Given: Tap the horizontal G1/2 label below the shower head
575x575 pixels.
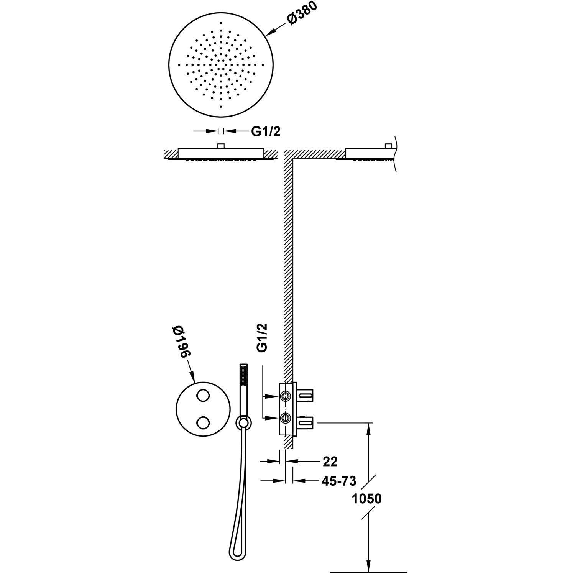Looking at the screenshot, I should pyautogui.click(x=266, y=131).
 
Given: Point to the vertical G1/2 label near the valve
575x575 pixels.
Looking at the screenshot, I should pyautogui.click(x=262, y=338).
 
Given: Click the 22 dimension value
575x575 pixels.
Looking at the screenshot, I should pyautogui.click(x=330, y=462).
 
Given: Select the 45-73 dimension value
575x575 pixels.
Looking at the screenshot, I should pyautogui.click(x=338, y=481).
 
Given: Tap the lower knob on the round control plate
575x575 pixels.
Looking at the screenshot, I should pyautogui.click(x=203, y=423).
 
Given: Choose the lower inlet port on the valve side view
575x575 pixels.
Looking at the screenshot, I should pyautogui.click(x=285, y=418).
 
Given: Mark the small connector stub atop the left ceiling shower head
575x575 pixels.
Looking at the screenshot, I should pyautogui.click(x=221, y=146).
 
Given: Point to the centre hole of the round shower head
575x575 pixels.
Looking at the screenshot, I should pyautogui.click(x=221, y=64).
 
